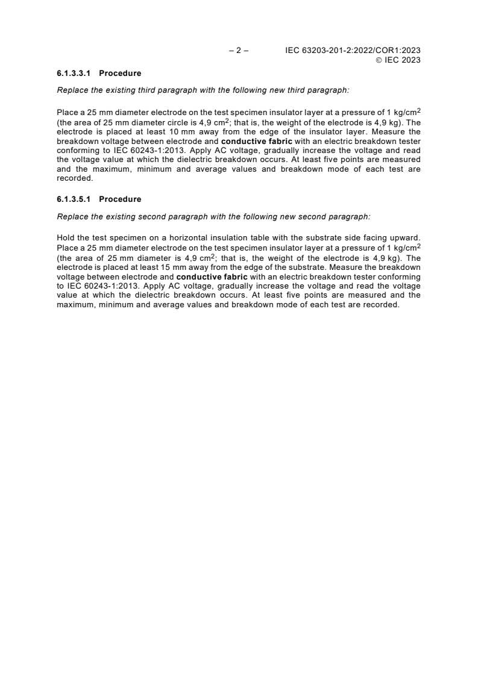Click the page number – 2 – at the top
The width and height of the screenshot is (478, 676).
(x=239, y=51)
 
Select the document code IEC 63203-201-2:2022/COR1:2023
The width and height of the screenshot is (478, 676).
(x=353, y=51)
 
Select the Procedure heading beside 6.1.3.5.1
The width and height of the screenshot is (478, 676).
(x=120, y=199)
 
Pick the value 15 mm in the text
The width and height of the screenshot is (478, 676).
(x=177, y=265)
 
